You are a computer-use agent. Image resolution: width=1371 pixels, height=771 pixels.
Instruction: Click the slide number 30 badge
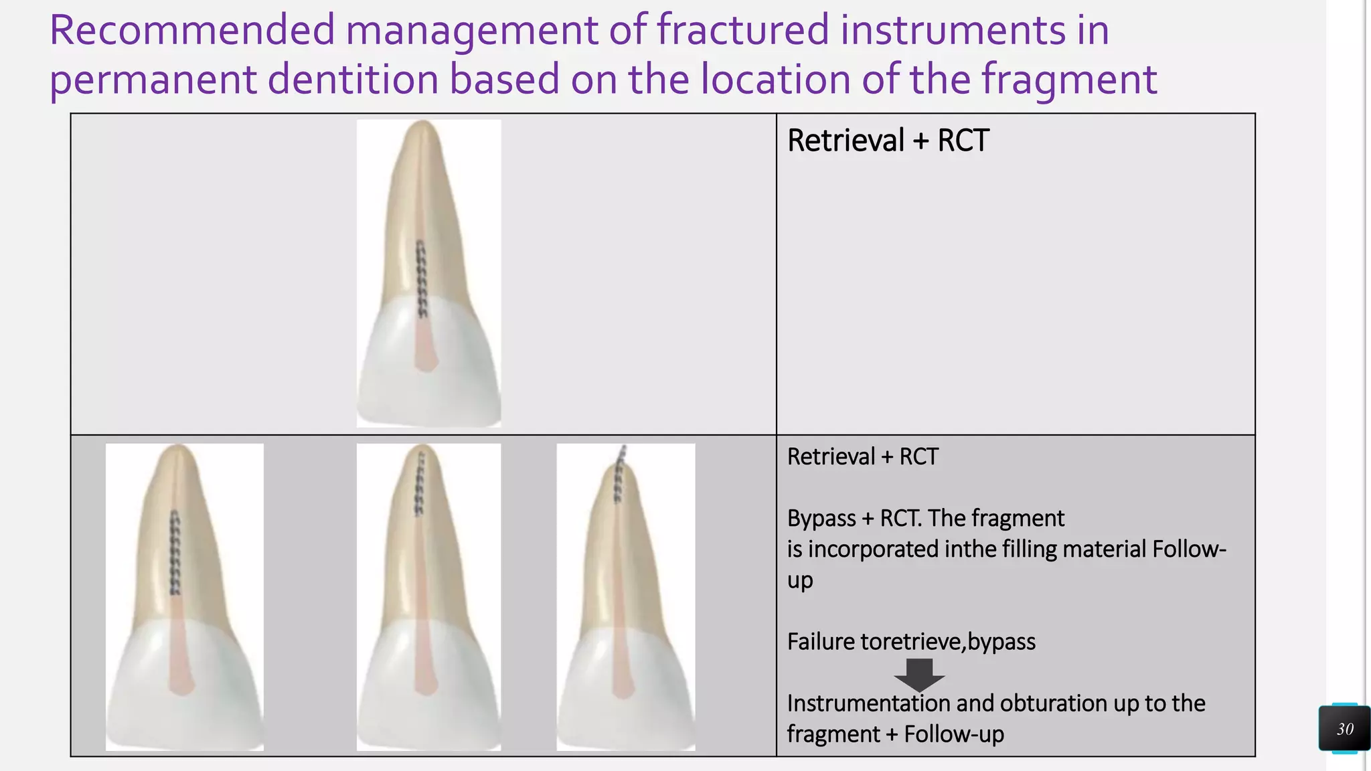point(1344,728)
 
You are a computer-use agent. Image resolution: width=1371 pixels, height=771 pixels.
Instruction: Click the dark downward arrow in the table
point(919,675)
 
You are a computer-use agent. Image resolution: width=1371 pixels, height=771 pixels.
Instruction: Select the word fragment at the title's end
point(1069,80)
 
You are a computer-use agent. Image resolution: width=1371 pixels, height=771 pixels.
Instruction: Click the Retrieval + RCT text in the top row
point(888,141)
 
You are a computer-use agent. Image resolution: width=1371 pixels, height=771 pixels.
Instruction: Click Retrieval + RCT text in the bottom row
point(862,456)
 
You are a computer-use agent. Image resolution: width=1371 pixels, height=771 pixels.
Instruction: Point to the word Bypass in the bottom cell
point(821,518)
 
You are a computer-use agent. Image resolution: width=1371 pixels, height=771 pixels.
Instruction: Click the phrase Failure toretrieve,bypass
point(910,641)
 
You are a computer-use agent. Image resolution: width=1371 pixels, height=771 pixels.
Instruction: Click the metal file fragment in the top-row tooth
point(422,279)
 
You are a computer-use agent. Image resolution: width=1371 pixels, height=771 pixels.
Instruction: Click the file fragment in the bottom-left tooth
point(175,552)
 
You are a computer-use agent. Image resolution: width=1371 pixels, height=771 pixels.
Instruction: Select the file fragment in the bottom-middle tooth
point(420,483)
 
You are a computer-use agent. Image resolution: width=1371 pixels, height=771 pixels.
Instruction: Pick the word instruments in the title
point(953,31)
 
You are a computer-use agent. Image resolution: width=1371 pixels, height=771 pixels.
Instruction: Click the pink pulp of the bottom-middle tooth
point(423,656)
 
